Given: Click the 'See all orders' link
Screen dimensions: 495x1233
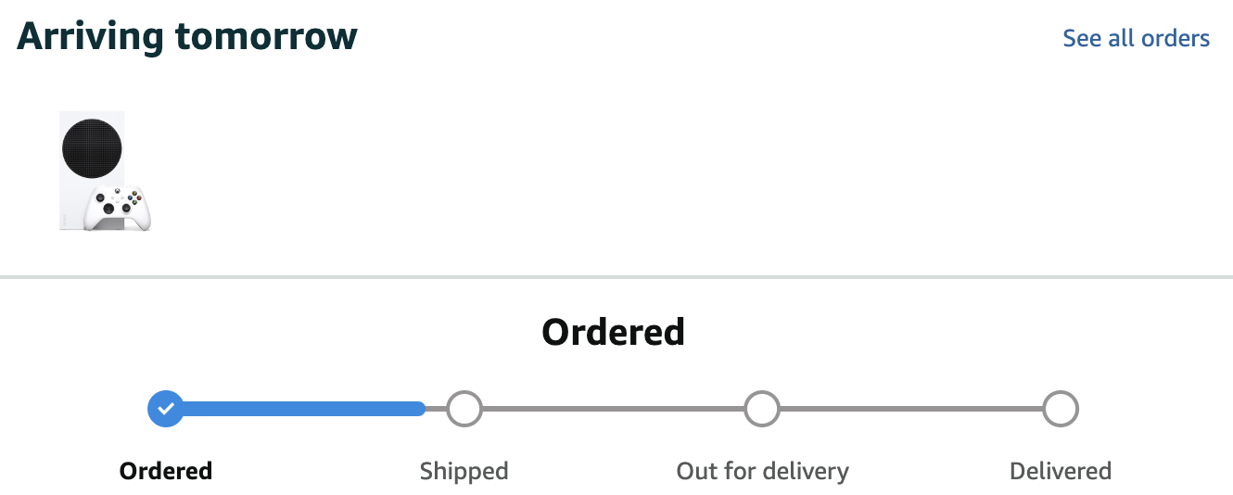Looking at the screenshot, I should tap(1136, 38).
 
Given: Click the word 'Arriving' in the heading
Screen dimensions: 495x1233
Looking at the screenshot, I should tap(90, 37).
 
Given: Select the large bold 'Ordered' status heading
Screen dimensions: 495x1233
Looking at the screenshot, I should tap(613, 332).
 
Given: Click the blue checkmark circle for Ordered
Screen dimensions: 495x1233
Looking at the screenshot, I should tap(166, 408).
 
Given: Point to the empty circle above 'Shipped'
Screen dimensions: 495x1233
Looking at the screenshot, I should tap(464, 408).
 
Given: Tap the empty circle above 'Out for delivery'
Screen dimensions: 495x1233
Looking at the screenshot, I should tap(762, 408).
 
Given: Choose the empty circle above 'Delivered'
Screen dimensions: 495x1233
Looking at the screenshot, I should tap(1060, 408).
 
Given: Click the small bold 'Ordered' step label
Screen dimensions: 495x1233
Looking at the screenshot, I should tap(166, 471).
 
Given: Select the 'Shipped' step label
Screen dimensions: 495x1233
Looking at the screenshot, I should tap(464, 471).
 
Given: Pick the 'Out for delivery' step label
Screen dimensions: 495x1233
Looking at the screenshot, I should tap(762, 471).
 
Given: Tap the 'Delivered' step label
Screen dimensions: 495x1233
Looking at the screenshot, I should tap(1060, 471).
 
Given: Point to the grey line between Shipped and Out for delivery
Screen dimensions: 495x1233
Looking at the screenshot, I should tap(613, 408).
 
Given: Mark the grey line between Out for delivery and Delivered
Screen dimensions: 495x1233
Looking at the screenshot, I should tap(910, 408).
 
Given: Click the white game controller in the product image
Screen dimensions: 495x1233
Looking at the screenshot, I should tap(118, 208).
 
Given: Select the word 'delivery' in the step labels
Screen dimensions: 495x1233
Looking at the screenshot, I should tap(804, 471).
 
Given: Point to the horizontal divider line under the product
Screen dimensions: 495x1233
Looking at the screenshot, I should tap(616, 276).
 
